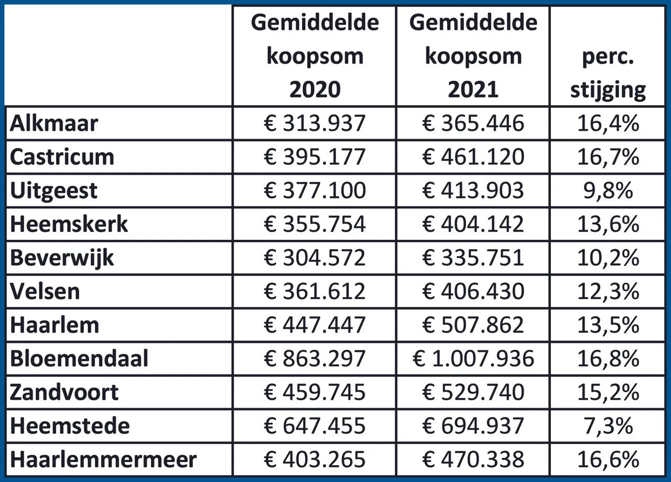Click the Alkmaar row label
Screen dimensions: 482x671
tap(54, 123)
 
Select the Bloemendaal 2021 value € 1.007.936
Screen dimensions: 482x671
tap(473, 359)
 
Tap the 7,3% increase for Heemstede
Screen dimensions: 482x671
tap(608, 426)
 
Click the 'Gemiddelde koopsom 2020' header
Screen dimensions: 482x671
tap(315, 56)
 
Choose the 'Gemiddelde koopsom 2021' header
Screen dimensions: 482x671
tap(473, 56)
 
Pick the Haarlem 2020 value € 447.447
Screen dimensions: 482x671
tap(315, 325)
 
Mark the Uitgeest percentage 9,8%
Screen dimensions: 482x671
tap(608, 190)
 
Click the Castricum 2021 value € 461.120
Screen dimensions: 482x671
tap(473, 157)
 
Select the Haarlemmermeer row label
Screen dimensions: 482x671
tap(103, 459)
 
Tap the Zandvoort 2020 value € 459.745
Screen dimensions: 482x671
tap(315, 392)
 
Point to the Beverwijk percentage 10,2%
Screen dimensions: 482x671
tap(608, 258)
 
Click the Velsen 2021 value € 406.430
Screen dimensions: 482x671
tap(473, 292)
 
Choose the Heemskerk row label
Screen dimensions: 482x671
tap(69, 224)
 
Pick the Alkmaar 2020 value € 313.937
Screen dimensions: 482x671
tap(315, 123)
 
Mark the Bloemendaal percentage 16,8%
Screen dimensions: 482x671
tap(608, 359)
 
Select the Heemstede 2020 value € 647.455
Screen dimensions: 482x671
tap(315, 426)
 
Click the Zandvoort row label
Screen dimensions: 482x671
tap(64, 392)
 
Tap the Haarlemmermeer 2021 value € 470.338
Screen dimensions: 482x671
tap(473, 459)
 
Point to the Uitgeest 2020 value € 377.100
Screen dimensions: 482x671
tap(315, 190)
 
